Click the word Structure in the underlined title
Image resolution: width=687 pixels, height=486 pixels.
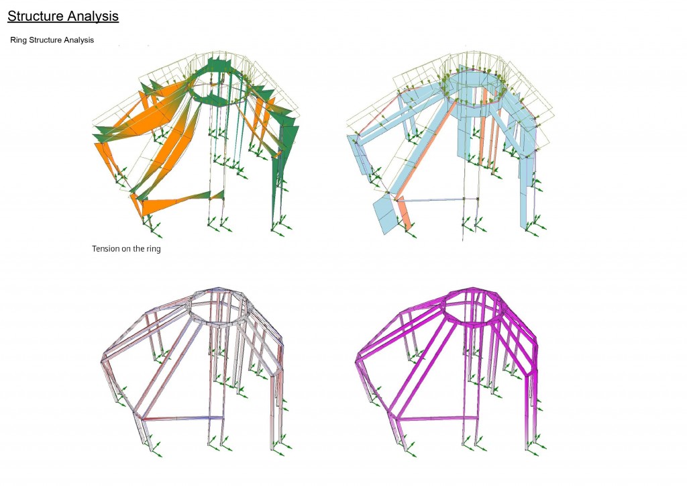[x=36, y=16]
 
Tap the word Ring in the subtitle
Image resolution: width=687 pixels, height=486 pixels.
[x=18, y=40]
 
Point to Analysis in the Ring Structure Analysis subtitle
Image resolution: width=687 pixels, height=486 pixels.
[x=79, y=40]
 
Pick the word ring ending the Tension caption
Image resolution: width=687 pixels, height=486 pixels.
[x=154, y=249]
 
